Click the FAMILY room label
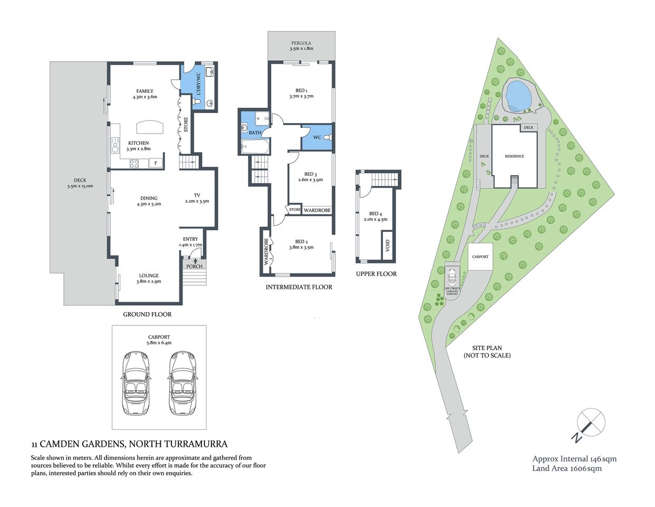(x=145, y=94)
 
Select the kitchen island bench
(x=150, y=128)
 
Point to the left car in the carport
(x=136, y=383)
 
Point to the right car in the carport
(x=182, y=383)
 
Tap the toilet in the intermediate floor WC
(x=327, y=137)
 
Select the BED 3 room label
(x=311, y=177)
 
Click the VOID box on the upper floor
(x=388, y=246)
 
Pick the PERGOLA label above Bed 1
(x=301, y=46)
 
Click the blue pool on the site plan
(x=518, y=96)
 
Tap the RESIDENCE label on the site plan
(x=514, y=156)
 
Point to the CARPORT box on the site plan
(x=480, y=257)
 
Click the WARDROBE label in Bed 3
(x=317, y=210)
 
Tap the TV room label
(x=197, y=198)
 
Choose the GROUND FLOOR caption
(x=147, y=314)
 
